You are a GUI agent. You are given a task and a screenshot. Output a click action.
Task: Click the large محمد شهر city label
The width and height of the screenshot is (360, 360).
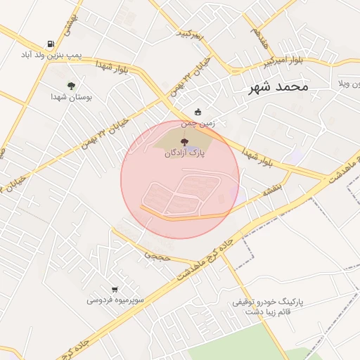click(x=278, y=87)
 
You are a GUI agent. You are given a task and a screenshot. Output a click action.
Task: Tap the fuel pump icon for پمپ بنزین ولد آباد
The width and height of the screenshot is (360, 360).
click(x=50, y=44)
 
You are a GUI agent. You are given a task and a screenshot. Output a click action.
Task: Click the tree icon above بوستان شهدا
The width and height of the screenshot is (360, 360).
click(x=71, y=86)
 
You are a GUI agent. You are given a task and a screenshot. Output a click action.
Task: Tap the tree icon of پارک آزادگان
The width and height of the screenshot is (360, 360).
click(x=185, y=142)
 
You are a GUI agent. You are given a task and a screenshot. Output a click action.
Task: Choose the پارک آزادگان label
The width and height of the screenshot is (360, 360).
click(x=185, y=153)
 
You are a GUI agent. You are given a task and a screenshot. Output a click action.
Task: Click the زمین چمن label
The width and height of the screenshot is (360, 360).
click(x=198, y=122)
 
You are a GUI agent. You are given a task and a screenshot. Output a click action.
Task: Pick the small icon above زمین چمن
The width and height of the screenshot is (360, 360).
click(x=198, y=111)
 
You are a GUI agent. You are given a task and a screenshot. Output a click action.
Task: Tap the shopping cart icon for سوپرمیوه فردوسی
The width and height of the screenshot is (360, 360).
click(x=115, y=289)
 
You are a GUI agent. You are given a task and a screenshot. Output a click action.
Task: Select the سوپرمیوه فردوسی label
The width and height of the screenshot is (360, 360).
click(x=115, y=300)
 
